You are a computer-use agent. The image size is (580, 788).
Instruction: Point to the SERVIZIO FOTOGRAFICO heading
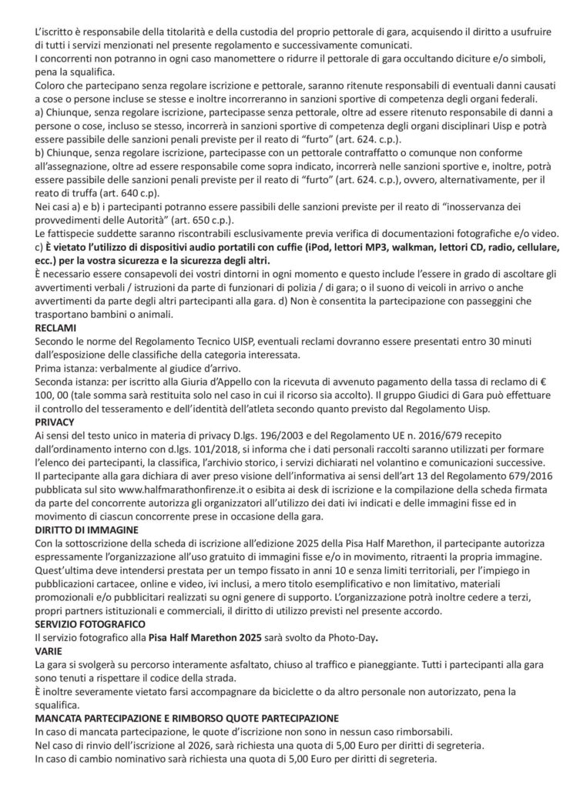tap(89, 623)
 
